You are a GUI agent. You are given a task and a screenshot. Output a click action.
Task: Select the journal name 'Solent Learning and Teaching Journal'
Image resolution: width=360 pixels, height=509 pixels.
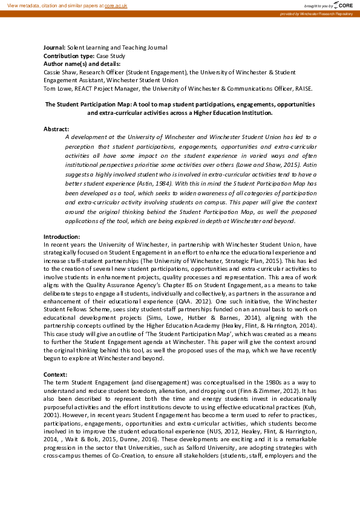[x=117, y=47]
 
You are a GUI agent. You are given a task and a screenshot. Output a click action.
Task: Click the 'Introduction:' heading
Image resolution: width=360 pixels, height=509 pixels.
[x=62, y=236]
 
